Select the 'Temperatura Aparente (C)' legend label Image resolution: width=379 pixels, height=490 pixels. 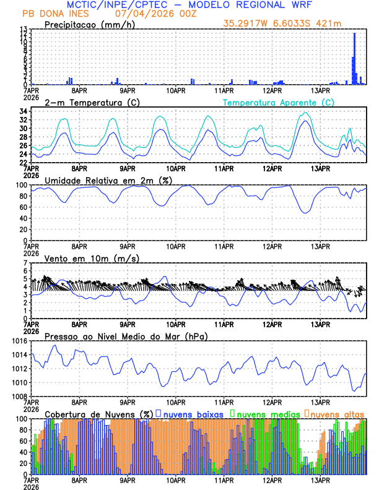pyautogui.click(x=278, y=102)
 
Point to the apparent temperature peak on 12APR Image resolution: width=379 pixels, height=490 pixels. pyautogui.click(x=305, y=113)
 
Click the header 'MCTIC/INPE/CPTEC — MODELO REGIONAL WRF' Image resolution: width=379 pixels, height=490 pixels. pyautogui.click(x=201, y=4)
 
